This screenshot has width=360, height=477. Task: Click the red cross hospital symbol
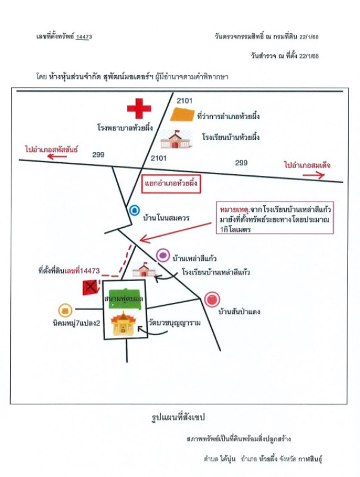(139, 109)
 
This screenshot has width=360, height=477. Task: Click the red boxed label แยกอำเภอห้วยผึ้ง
(170, 184)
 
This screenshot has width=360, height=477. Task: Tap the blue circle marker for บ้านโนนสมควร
(135, 210)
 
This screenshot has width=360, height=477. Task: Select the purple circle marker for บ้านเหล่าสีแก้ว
(163, 256)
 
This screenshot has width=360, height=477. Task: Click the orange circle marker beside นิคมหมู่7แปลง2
(65, 310)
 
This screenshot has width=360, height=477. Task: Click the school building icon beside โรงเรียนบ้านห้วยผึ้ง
(177, 140)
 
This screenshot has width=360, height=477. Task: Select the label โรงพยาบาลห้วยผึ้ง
(123, 128)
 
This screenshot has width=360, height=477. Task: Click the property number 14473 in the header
(84, 37)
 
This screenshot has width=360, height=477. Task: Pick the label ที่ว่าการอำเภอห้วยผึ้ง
(228, 115)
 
